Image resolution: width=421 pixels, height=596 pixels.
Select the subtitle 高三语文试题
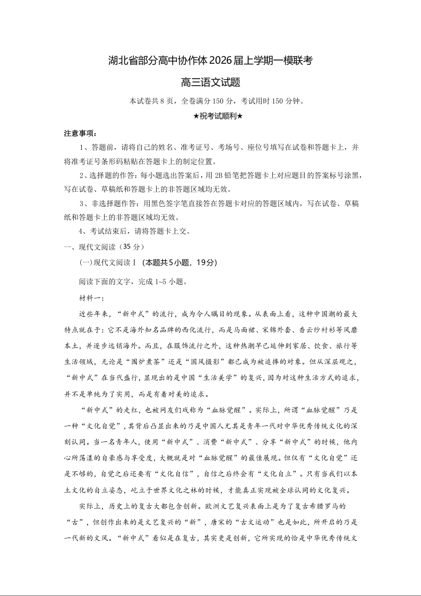pyautogui.click(x=210, y=82)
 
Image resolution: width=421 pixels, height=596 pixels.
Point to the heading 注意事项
pyautogui.click(x=80, y=133)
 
